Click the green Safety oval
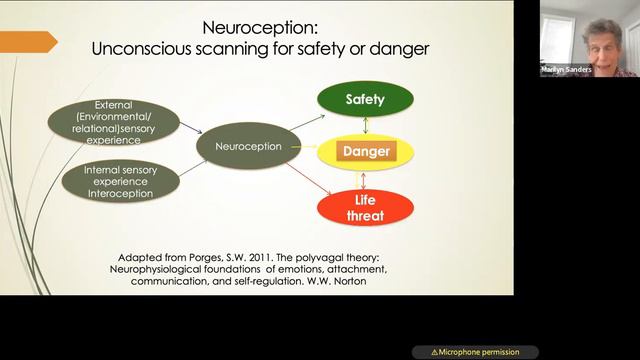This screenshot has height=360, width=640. (x=365, y=100)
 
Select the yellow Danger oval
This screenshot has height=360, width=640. (x=365, y=153)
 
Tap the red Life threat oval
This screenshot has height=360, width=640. (x=365, y=205)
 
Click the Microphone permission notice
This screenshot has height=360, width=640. (x=475, y=352)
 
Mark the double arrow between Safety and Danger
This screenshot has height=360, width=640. (x=365, y=126)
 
